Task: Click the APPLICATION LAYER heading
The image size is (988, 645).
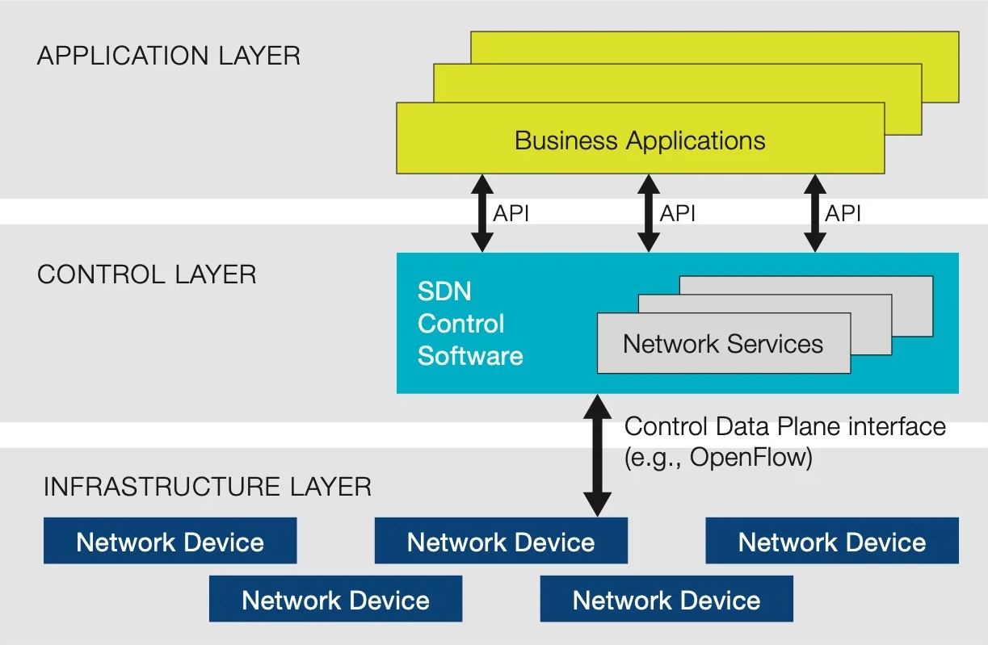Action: (169, 56)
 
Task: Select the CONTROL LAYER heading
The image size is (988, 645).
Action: (147, 274)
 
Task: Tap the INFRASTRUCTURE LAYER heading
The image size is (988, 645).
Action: (208, 487)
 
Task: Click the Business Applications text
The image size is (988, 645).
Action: (640, 141)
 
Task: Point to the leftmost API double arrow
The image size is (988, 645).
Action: (482, 213)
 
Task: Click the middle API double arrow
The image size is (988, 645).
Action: (649, 213)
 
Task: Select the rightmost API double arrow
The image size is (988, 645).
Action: (815, 213)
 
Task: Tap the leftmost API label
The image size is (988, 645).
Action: (511, 213)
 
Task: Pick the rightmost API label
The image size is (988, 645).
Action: (843, 213)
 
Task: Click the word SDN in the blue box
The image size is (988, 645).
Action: (444, 291)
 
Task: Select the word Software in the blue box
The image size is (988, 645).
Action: (470, 356)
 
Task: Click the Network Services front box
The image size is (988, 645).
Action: (724, 343)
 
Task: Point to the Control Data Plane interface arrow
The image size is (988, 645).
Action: (597, 455)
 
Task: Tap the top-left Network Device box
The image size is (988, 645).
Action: (170, 541)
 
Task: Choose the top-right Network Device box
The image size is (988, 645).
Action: (832, 541)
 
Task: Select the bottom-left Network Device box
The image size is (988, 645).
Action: (335, 599)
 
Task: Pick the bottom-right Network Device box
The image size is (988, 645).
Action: (666, 599)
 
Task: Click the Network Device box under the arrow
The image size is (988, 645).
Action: (501, 541)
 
